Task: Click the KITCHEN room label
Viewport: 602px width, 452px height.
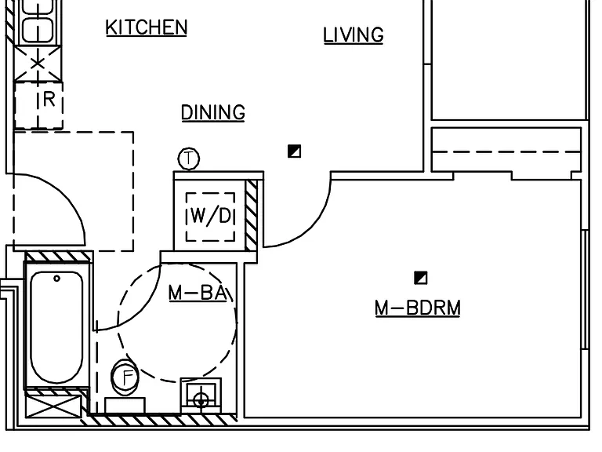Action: coord(147,27)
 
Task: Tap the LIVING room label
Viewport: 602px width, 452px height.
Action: coord(354,35)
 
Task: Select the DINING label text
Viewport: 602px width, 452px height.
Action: coord(213,113)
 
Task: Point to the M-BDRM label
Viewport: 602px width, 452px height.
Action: coord(418,308)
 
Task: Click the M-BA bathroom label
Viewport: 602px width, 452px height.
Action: coord(198,293)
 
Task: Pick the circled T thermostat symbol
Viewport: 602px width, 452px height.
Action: coord(189,159)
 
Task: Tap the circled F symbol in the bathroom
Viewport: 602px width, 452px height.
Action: coord(125,377)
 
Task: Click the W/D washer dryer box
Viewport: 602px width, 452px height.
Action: coord(210,217)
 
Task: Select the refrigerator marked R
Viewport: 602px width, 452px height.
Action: coord(38,105)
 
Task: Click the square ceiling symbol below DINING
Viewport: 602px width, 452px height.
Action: coord(295,151)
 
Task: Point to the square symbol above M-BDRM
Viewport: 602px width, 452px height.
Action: coord(421,278)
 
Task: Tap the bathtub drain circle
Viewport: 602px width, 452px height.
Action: coord(56,279)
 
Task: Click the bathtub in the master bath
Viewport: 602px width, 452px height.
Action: coord(56,327)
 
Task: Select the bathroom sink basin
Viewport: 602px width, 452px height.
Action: coord(201,395)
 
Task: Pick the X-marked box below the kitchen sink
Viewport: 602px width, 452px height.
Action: coord(38,64)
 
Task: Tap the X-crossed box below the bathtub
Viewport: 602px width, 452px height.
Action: coord(53,406)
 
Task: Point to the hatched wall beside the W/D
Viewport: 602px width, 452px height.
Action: coord(252,216)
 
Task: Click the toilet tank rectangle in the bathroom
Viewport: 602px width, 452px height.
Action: coord(125,406)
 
